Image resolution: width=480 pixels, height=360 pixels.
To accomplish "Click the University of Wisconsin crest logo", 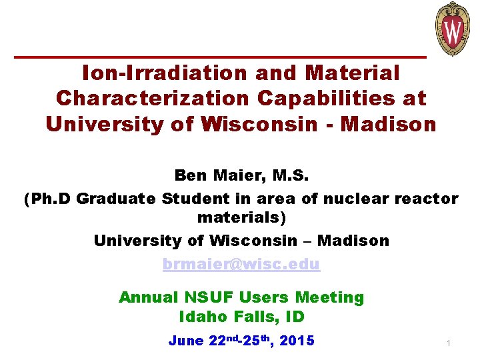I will [453, 29].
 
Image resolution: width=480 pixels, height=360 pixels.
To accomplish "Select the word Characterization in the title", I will [152, 98].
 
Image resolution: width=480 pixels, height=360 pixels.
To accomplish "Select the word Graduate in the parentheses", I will [117, 199].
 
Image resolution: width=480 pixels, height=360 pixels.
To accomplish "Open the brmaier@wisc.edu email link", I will [241, 264].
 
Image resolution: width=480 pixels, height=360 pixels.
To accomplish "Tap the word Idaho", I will [203, 317].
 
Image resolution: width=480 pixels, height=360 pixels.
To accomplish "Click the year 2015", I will [297, 341].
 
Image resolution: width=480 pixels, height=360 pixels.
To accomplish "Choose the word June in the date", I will [187, 341].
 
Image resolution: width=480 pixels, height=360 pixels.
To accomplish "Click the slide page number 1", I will [448, 343].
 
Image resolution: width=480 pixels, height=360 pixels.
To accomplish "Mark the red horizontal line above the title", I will [220, 56].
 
